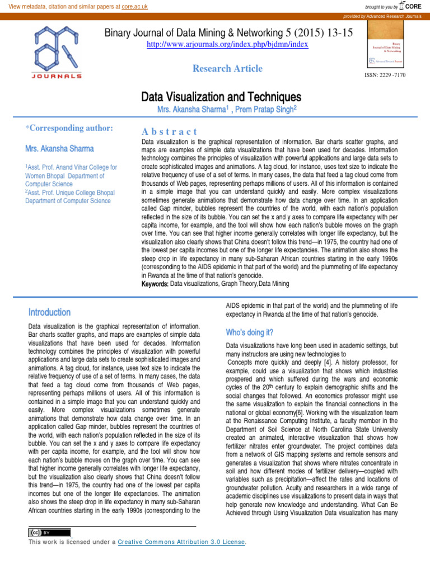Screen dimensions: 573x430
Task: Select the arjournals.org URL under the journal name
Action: [x=227, y=44]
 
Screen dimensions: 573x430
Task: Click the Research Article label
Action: [x=227, y=68]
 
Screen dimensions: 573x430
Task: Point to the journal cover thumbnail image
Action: [x=387, y=48]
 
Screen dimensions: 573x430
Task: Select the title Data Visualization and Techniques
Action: [x=221, y=97]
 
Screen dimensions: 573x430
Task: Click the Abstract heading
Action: [x=170, y=131]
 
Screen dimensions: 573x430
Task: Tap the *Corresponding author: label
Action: [x=69, y=128]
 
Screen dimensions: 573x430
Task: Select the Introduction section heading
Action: [x=49, y=312]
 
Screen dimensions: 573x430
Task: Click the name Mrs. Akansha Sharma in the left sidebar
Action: [x=59, y=149]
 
